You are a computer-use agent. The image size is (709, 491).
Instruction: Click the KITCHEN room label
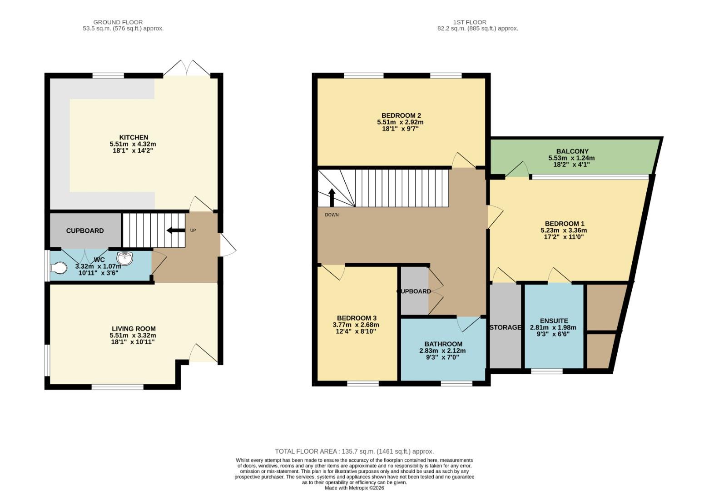tap(134, 137)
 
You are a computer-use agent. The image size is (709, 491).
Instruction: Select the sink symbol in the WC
tap(125, 258)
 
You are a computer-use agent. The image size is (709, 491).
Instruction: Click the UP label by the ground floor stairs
tap(193, 230)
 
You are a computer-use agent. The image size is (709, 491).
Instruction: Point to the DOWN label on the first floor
tap(332, 215)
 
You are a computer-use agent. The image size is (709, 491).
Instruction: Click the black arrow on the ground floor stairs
tap(176, 230)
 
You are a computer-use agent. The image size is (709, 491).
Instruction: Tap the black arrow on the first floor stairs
tap(332, 197)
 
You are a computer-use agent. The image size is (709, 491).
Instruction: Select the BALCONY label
tap(572, 151)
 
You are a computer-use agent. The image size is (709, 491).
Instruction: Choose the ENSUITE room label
tap(554, 321)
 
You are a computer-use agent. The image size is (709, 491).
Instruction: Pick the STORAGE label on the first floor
tap(506, 327)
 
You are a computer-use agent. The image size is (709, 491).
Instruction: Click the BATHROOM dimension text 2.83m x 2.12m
tap(442, 351)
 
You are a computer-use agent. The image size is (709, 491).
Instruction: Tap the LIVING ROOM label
tap(134, 329)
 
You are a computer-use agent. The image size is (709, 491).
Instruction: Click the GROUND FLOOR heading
tap(118, 22)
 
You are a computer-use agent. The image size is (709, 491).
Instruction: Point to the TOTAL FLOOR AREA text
tap(354, 451)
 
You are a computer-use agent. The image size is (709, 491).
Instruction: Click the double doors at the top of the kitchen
tap(187, 68)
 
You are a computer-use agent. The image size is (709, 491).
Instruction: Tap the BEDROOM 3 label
tap(357, 318)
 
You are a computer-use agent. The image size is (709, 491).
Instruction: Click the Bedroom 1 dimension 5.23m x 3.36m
tap(564, 230)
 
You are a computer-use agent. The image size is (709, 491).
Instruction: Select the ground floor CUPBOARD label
tap(85, 230)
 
